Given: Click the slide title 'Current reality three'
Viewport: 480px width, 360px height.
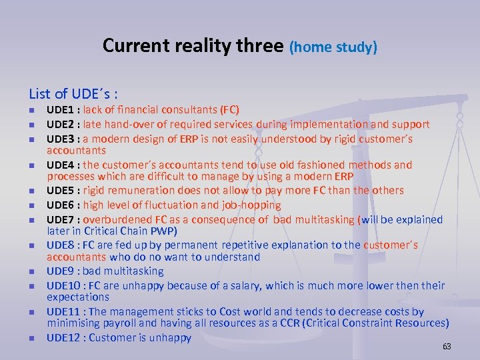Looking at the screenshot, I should pos(193,45).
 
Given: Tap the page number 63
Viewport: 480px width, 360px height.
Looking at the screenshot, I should pos(447,346).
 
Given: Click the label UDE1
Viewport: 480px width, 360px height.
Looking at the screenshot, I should pos(61,109).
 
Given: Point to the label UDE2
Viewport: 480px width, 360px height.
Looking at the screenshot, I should pos(61,124).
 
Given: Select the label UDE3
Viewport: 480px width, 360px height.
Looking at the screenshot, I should pos(61,139).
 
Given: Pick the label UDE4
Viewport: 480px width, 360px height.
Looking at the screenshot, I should pos(61,164).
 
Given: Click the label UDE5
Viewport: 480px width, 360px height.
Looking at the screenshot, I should pos(61,190).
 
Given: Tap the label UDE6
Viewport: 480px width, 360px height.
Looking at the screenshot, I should pos(61,205).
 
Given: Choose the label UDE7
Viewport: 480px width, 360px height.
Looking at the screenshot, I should pos(61,219).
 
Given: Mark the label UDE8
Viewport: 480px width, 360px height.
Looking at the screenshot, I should pos(61,245).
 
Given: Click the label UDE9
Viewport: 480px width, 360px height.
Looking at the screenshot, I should pos(61,271).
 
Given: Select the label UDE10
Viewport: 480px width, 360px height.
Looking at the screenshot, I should pos(64,285).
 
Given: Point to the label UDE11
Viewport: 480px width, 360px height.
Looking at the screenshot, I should pos(64,311).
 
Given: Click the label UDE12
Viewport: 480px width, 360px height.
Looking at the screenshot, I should pos(64,337).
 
